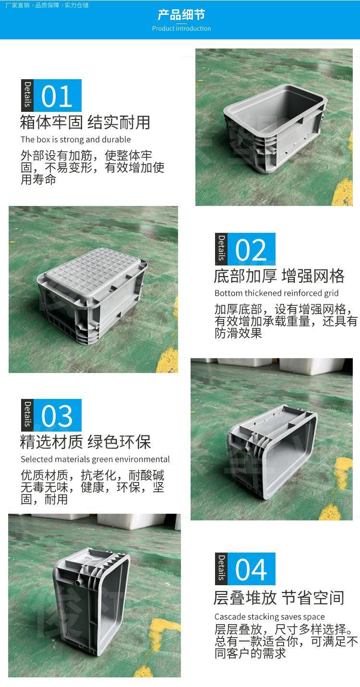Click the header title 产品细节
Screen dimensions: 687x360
pyautogui.click(x=181, y=14)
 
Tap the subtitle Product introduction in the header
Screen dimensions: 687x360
pyautogui.click(x=181, y=28)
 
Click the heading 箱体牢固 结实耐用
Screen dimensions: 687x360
pyautogui.click(x=85, y=122)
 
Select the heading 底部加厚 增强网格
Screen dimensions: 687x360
pyautogui.click(x=279, y=276)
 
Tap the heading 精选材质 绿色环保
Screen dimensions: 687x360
pyautogui.click(x=85, y=442)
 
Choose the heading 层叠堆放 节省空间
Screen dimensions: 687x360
pyautogui.click(x=279, y=598)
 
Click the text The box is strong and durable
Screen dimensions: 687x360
pyautogui.click(x=75, y=140)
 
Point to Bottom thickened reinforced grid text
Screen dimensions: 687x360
pyautogui.click(x=276, y=293)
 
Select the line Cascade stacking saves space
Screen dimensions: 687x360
pyautogui.click(x=269, y=616)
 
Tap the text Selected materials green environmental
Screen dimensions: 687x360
pyautogui.click(x=95, y=459)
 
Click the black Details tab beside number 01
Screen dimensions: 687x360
pyautogui.click(x=27, y=95)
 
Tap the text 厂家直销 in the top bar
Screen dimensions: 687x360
pyautogui.click(x=17, y=5)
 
